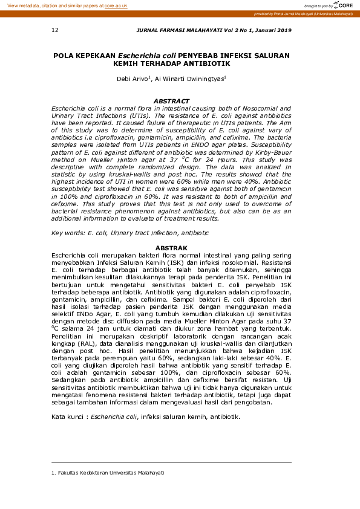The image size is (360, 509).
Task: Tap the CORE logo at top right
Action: pyautogui.click(x=344, y=5)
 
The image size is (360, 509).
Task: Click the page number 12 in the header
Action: pyautogui.click(x=55, y=30)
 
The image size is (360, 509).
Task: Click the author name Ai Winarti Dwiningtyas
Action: pyautogui.click(x=189, y=79)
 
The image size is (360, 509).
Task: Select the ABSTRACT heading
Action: pyautogui.click(x=172, y=102)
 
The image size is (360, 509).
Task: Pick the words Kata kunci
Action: pyautogui.click(x=67, y=417)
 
